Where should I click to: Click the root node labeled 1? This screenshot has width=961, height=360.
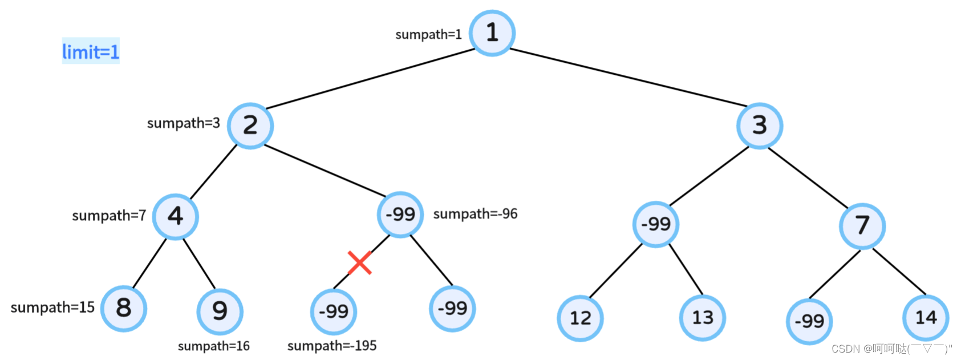pos(492,33)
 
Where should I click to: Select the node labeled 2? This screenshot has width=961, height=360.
pos(250,126)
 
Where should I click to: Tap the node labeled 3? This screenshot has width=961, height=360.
pos(760,126)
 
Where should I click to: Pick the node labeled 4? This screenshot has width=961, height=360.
pos(176,216)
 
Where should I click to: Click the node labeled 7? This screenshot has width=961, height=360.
pos(862,226)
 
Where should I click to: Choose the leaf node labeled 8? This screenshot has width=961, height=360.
pos(124,308)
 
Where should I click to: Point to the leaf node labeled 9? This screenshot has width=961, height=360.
pos(220,312)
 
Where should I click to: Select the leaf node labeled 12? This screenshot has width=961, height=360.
pos(580,318)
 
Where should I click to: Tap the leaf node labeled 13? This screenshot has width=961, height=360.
pos(703,317)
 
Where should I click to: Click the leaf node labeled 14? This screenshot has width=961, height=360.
pos(926,317)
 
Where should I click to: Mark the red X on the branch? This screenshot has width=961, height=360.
pos(360,262)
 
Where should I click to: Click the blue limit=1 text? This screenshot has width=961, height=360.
pos(91,52)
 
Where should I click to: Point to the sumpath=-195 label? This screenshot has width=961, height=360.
pos(332,346)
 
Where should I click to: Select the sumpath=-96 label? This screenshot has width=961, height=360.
pos(475,214)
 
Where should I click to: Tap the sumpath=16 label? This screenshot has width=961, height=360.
pos(214,346)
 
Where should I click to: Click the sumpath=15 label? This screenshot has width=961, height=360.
pos(52,308)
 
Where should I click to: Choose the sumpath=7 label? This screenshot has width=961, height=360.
pos(109,216)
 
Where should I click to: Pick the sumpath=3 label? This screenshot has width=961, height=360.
pos(183,123)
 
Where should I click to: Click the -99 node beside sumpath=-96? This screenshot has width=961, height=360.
pos(400,215)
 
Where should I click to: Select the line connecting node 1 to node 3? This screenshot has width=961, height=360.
pos(627,78)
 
